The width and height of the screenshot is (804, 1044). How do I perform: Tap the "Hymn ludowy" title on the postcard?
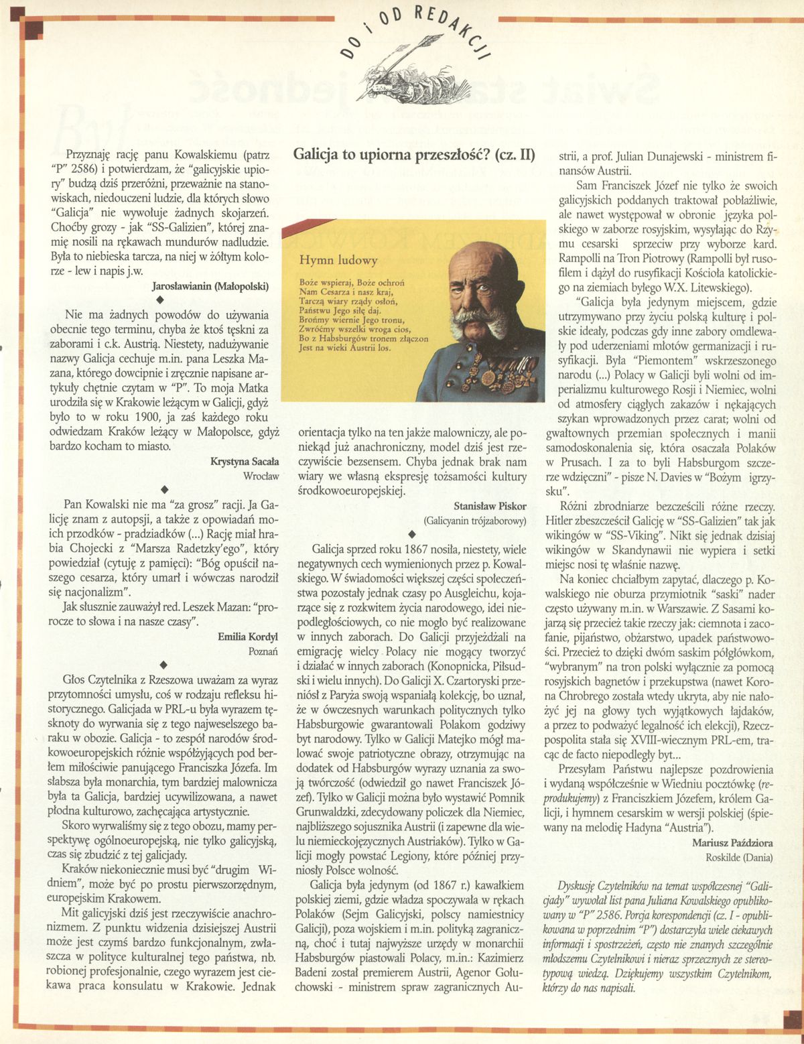click(x=338, y=260)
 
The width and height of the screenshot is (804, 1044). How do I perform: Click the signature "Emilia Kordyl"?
click(x=247, y=637)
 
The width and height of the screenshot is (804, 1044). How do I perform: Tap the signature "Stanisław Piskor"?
click(x=490, y=506)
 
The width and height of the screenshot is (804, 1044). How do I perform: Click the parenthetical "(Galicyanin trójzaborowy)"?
click(x=474, y=520)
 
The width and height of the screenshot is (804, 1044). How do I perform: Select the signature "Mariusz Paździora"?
click(x=732, y=843)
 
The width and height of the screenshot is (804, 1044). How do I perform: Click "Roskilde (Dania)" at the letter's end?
click(x=738, y=857)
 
